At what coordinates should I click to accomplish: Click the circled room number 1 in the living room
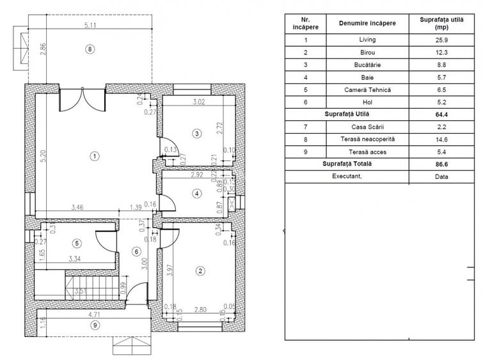point(94,155)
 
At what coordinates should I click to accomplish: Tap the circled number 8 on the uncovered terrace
point(90,49)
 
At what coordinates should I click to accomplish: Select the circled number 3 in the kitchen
point(197,133)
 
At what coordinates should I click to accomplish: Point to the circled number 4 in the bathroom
point(197,193)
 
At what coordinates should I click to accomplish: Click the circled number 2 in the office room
point(201,271)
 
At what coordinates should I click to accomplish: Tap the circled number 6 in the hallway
point(136,251)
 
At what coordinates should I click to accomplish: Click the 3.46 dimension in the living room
point(76,208)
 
